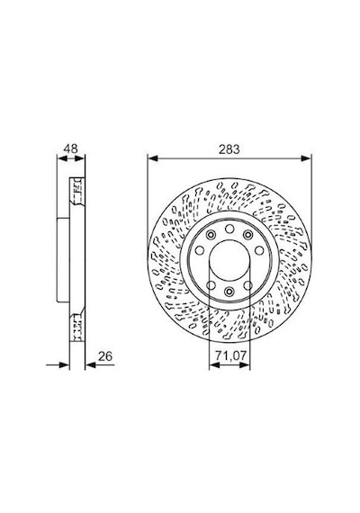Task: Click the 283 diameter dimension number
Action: coord(229,149)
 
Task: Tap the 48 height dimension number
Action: coord(71,148)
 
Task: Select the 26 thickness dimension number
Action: coord(105,356)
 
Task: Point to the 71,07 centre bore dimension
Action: coord(230,355)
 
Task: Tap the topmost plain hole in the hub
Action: coord(229,229)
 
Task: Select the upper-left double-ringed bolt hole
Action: coord(211,235)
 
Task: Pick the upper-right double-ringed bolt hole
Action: coord(248,235)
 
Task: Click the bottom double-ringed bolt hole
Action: coord(229,291)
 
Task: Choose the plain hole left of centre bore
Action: coord(200,250)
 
